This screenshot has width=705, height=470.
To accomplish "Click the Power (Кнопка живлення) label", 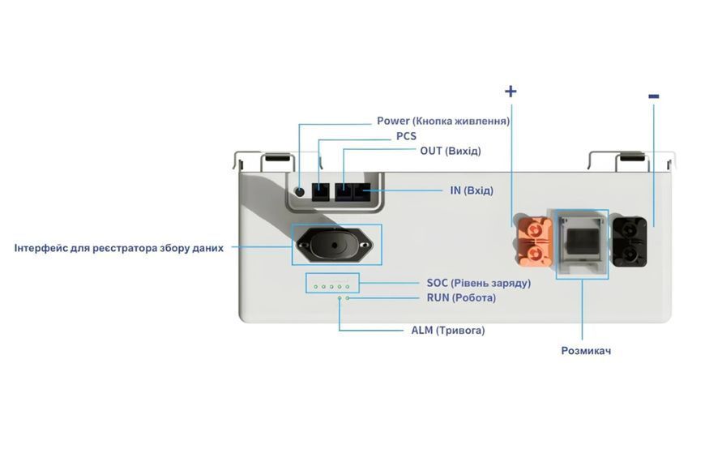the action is click(443, 121).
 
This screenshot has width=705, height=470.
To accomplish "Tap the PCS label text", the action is click(406, 136).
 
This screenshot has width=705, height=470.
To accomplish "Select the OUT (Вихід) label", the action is click(451, 151).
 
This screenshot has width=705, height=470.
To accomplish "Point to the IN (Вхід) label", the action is click(472, 190).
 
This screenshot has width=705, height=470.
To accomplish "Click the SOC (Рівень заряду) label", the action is click(479, 283).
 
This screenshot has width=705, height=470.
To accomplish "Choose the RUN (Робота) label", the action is click(461, 297).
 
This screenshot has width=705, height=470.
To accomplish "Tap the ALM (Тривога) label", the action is click(448, 330).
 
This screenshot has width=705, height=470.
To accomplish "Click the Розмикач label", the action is click(586, 350).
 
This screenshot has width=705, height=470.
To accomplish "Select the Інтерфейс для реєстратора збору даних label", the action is click(118, 248).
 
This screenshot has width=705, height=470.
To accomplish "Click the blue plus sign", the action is click(511, 92).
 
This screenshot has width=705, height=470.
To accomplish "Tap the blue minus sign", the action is click(654, 96).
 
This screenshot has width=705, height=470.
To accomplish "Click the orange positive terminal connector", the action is click(534, 241).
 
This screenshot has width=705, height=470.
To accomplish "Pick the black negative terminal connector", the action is click(630, 242).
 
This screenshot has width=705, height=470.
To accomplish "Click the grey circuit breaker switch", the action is click(582, 243).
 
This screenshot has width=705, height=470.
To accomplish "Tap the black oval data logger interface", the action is click(335, 245).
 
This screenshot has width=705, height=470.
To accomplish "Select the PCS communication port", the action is click(321, 191).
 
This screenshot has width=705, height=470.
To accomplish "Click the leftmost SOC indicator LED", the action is click(316, 287).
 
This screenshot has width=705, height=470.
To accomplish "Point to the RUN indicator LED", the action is click(348, 297).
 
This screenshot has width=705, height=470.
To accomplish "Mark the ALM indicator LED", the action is click(340, 297).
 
